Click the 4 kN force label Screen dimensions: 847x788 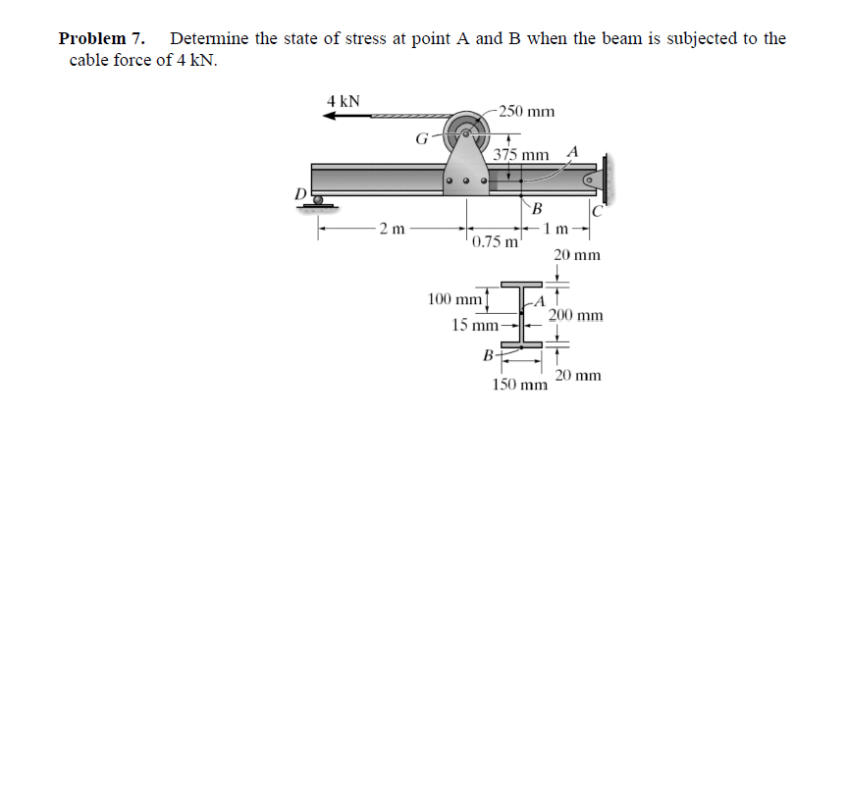click(x=343, y=101)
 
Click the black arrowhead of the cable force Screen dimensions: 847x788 click(x=331, y=116)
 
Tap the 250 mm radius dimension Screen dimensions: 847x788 click(x=527, y=111)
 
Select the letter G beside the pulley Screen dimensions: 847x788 click(x=421, y=139)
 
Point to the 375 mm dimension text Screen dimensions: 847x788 click(x=521, y=155)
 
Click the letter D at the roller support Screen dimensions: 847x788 click(x=300, y=193)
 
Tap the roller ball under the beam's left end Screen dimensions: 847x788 click(x=318, y=200)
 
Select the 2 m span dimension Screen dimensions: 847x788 click(x=393, y=229)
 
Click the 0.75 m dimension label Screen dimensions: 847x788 click(x=495, y=241)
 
